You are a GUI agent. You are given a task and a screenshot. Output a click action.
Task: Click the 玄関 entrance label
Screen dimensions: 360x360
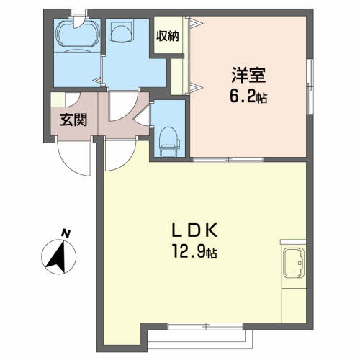(73, 120)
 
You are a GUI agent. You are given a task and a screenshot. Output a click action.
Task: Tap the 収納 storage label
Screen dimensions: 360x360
(168, 36)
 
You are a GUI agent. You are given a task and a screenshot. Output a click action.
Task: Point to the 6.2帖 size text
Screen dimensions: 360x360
(248, 96)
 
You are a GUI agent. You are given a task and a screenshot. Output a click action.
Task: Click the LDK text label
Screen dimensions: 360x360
(194, 230)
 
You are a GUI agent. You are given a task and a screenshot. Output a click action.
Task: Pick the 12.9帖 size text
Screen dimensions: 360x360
(194, 252)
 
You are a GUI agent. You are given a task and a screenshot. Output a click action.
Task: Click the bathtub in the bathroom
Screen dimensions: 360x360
(78, 33)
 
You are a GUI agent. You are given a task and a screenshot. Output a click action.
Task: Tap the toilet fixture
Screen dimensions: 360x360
(170, 142)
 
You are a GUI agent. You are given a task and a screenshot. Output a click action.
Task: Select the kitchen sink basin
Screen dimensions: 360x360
(294, 262)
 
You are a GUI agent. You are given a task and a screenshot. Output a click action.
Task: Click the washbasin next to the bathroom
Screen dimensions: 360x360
(121, 30)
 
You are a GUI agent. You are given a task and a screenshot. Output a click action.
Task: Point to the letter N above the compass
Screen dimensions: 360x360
(66, 233)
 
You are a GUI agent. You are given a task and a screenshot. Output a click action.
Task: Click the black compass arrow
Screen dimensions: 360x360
(57, 257)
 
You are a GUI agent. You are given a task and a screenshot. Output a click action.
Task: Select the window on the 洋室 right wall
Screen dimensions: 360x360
(310, 86)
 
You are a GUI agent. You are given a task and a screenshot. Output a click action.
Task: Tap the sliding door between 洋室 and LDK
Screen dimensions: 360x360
(228, 159)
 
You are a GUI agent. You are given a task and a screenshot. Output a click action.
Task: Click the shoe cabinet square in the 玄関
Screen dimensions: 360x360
(58, 99)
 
